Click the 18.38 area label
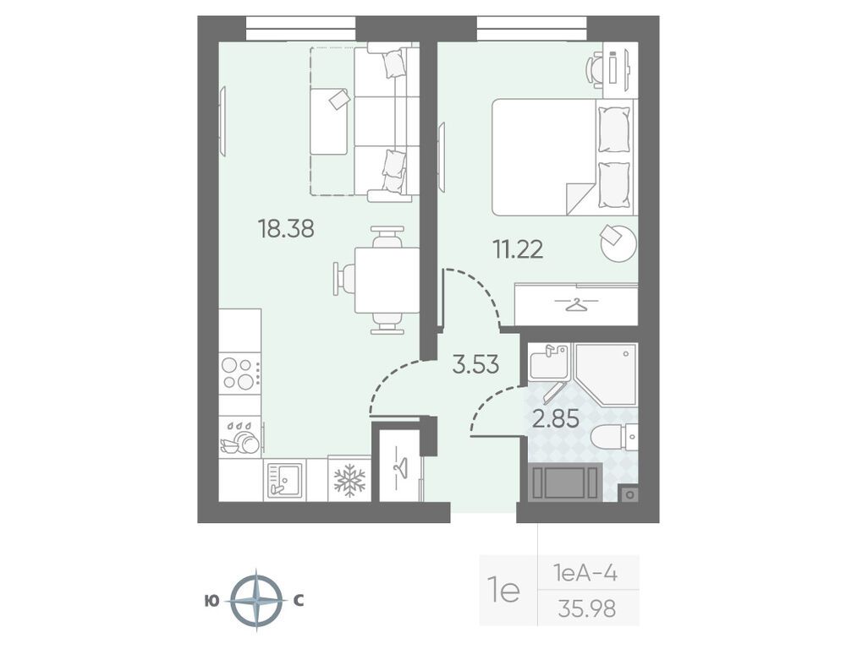[x=286, y=229]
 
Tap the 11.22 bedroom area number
[x=518, y=249]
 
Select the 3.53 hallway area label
[x=475, y=364]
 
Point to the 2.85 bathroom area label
[x=556, y=419]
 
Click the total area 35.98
[x=587, y=608]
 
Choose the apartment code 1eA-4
[x=585, y=573]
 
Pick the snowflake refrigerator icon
[x=349, y=479]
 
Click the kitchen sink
[x=284, y=479]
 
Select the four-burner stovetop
[x=239, y=374]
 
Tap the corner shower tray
[x=606, y=374]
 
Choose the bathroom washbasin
[x=549, y=361]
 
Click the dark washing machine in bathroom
[x=566, y=481]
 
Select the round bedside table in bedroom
[x=618, y=242]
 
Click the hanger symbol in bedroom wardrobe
[x=576, y=303]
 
